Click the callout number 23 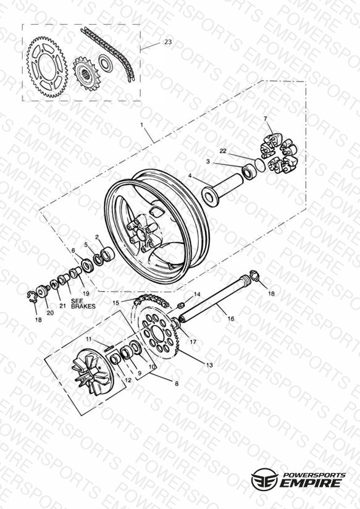[168, 42]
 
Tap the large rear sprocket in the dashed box [47, 67]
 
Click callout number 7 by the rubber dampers [265, 119]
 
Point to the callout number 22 [223, 151]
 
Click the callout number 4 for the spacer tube [190, 175]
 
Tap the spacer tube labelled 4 [223, 190]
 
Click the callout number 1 [141, 125]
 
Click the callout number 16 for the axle [230, 319]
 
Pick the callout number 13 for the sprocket [209, 365]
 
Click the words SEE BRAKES [83, 303]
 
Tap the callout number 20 [50, 313]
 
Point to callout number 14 [197, 295]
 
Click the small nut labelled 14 [182, 305]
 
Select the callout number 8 [177, 384]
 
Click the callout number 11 [89, 339]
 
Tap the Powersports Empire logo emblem [264, 479]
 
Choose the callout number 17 [193, 342]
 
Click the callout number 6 [73, 250]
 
